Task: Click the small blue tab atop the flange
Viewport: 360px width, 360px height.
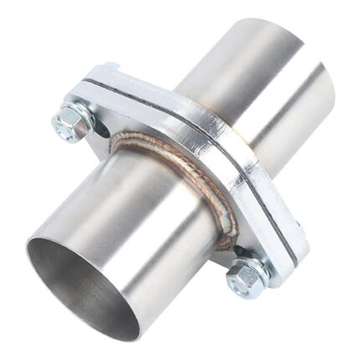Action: click(x=111, y=65)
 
